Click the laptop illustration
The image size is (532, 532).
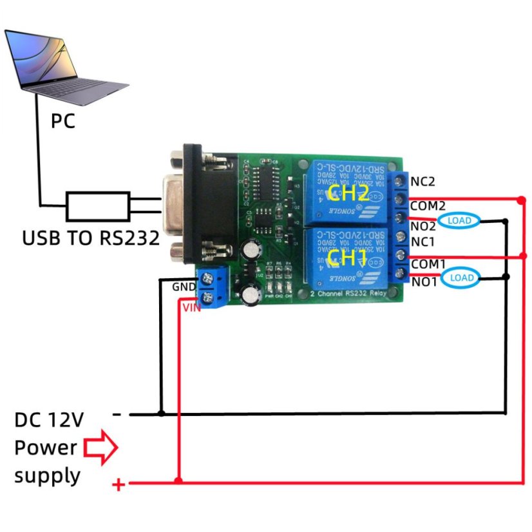pos(64,64)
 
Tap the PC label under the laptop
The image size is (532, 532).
pos(63,120)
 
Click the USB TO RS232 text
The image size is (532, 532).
pos(90,238)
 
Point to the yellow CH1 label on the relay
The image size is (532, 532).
pos(347,258)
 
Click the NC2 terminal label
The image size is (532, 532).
pos(423,181)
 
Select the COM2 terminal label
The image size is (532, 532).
pos(428,206)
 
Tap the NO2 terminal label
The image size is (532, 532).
pos(423,225)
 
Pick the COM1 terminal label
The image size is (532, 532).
pos(428,264)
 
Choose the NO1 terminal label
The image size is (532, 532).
pos(423,281)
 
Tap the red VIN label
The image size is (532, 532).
pos(193,308)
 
